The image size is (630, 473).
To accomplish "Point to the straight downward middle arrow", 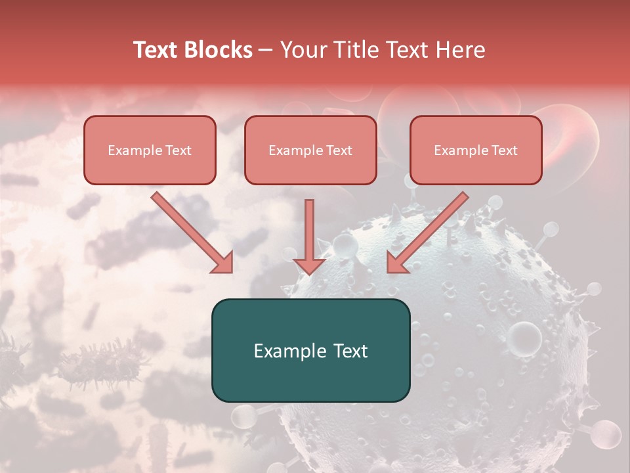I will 310,230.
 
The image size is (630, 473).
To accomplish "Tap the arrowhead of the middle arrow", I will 310,265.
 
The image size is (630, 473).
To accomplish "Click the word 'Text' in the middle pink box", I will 339,150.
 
